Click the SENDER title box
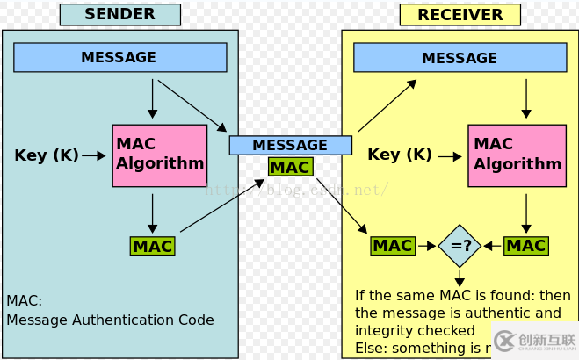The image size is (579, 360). pos(119,14)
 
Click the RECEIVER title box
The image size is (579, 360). pos(460,14)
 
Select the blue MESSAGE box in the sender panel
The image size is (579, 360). pos(119,57)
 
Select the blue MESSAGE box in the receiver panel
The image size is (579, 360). pos(460,58)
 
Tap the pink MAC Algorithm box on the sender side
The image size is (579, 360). pos(159,155)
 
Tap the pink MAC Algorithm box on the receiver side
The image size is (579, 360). pos(516,155)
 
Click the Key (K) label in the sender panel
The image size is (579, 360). pos(46,155)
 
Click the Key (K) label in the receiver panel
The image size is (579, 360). pos(399,155)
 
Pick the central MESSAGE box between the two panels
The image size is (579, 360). pos(290,145)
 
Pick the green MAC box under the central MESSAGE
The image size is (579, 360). pos(289,167)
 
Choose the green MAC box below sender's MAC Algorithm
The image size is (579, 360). pos(152,246)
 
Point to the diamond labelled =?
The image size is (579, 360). pos(460,246)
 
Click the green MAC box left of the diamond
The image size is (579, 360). pos(393,246)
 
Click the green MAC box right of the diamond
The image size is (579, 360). pos(526,246)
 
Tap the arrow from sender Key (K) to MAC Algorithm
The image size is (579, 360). pos(92,155)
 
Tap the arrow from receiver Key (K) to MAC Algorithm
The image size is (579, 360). pos(449,156)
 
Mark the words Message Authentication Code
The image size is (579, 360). pos(110,320)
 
